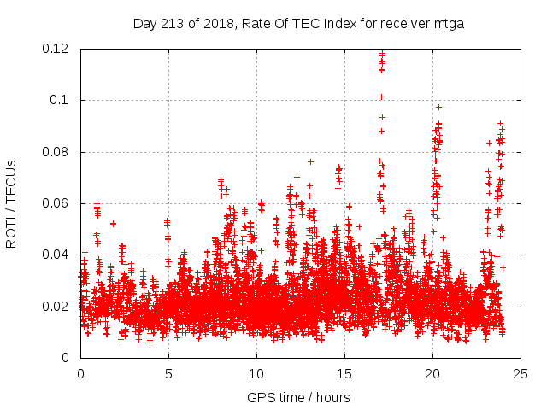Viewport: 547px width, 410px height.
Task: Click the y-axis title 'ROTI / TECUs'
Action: pos(11,203)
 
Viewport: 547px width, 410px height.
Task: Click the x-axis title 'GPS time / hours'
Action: pos(298,397)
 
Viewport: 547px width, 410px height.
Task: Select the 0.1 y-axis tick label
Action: pos(61,100)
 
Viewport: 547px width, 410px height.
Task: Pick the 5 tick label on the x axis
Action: pos(168,373)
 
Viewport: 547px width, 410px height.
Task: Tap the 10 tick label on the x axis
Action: pos(256,373)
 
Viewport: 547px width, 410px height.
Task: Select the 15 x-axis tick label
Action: pos(344,373)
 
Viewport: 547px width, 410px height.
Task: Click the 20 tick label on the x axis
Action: pos(432,373)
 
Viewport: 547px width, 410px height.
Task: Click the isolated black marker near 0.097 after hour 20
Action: pos(438,107)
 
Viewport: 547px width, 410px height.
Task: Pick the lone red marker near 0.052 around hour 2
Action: pos(113,223)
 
